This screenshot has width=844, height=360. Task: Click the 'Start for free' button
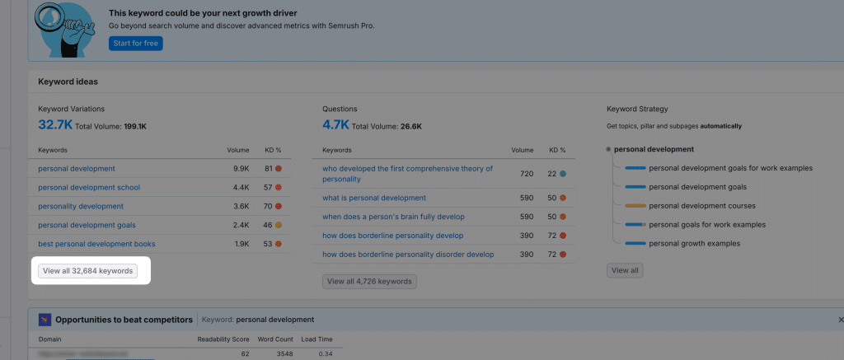click(135, 44)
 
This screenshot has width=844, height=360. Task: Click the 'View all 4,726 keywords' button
click(369, 282)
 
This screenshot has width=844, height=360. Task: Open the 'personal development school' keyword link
click(89, 187)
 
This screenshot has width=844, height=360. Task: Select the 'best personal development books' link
click(96, 244)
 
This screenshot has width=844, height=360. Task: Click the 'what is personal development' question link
click(374, 198)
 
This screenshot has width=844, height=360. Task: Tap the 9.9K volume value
click(241, 169)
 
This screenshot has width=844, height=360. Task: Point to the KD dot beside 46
click(279, 225)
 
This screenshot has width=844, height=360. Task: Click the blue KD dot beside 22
click(563, 174)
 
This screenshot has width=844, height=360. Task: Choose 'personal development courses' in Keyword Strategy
click(701, 206)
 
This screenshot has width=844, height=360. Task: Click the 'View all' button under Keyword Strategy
click(625, 270)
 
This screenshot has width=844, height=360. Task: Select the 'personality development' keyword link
click(81, 206)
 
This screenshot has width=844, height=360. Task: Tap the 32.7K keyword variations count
click(54, 125)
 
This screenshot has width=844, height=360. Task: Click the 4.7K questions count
click(336, 125)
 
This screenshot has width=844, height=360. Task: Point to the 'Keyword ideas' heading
click(68, 82)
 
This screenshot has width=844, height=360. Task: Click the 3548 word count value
click(280, 354)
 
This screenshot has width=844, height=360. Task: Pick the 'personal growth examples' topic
click(693, 243)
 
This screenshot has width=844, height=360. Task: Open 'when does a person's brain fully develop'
click(396, 217)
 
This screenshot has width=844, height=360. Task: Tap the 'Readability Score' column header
click(223, 339)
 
